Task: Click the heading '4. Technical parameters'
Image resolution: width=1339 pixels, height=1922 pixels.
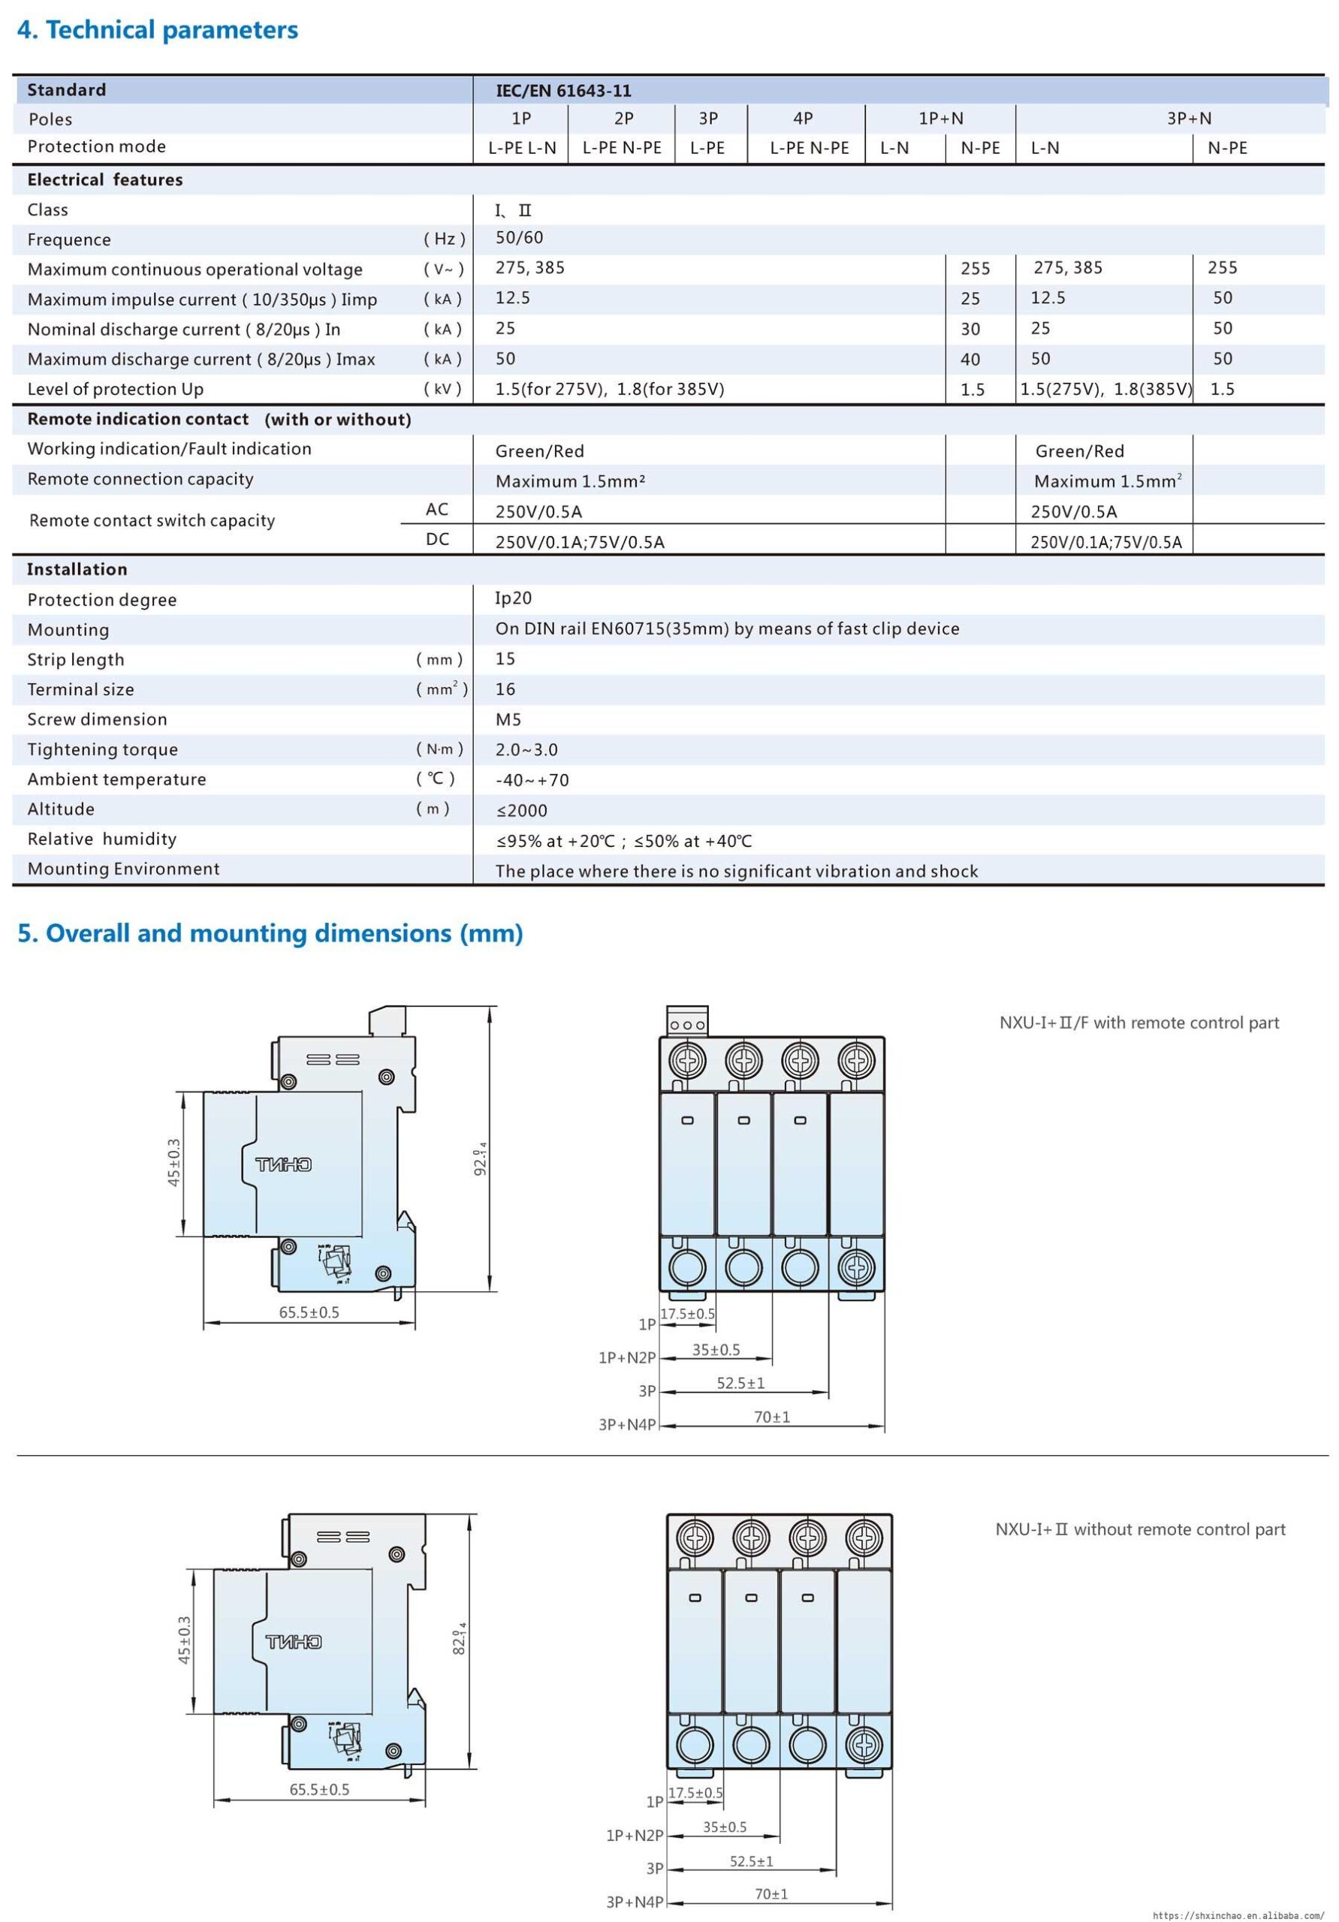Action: pyautogui.click(x=158, y=30)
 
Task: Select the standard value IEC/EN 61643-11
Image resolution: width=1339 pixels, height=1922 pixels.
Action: pyautogui.click(x=562, y=90)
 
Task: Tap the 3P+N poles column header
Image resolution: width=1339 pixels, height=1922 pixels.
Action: pyautogui.click(x=1188, y=118)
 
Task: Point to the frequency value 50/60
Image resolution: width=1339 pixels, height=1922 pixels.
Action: pyautogui.click(x=518, y=238)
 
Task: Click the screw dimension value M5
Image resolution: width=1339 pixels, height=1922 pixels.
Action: pyautogui.click(x=508, y=719)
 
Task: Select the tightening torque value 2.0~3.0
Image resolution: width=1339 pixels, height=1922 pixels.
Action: pyautogui.click(x=526, y=749)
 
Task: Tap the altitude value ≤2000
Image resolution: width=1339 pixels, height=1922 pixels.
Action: pyautogui.click(x=521, y=810)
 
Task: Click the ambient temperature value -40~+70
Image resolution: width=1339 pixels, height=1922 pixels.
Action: pyautogui.click(x=532, y=780)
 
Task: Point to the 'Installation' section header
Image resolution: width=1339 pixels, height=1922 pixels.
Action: pyautogui.click(x=77, y=569)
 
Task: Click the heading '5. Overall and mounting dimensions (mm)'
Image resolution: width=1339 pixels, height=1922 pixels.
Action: pyautogui.click(x=270, y=932)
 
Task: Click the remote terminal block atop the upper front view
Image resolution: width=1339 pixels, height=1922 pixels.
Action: pyautogui.click(x=686, y=1022)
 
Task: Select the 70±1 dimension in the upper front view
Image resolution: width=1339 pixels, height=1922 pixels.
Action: pyautogui.click(x=771, y=1417)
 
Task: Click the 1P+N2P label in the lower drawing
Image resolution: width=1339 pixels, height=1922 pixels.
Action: pyautogui.click(x=634, y=1835)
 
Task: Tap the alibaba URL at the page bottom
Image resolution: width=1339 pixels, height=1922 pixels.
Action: pyautogui.click(x=1238, y=1914)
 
